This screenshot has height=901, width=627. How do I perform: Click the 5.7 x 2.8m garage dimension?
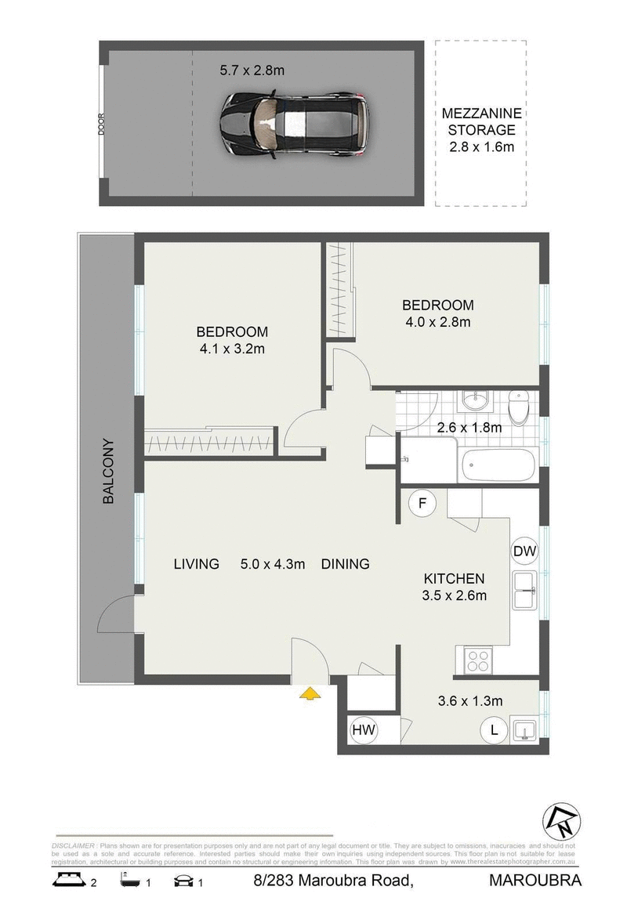tap(252, 71)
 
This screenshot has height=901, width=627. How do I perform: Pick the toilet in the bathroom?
tap(519, 406)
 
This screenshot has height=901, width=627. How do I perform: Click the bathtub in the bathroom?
tap(498, 465)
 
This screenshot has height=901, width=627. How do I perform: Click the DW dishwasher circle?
tap(524, 552)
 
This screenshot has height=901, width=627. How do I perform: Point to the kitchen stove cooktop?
tap(477, 660)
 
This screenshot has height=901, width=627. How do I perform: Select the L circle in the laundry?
tap(494, 730)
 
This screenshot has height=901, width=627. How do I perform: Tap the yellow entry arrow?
tap(310, 692)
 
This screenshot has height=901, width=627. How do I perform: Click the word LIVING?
tap(196, 564)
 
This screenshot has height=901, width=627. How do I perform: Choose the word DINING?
tap(345, 564)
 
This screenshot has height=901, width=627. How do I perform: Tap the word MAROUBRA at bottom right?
tap(535, 881)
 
